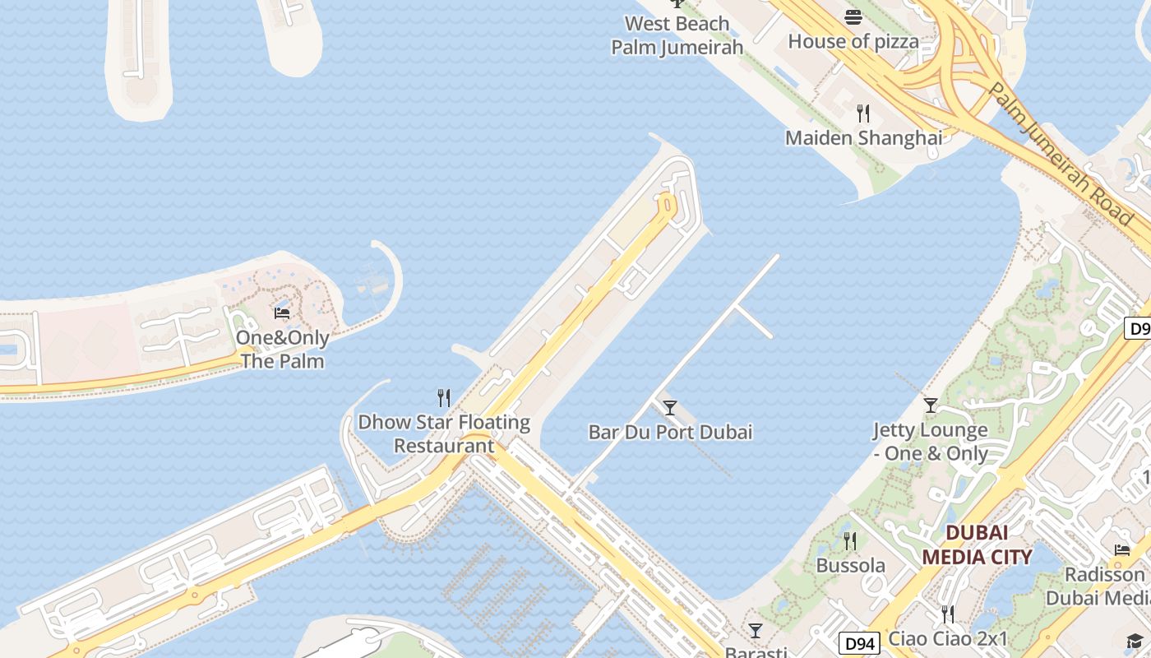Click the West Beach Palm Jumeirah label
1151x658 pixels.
point(677,35)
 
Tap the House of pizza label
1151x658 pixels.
point(853,40)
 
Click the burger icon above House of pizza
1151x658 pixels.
point(853,17)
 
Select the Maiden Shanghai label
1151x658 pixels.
point(863,137)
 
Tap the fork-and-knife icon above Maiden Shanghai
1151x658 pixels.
point(863,114)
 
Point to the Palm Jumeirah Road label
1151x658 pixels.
point(1061,154)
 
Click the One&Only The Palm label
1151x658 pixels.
point(282,350)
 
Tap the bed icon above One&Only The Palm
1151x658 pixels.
point(282,313)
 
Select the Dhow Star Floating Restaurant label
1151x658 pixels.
point(444,434)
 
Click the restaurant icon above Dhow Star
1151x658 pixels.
point(444,398)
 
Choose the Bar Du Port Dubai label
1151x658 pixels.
point(670,432)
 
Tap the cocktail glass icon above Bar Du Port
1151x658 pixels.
point(670,407)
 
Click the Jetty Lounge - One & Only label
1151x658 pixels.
point(930,442)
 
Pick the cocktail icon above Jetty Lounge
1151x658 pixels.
point(930,405)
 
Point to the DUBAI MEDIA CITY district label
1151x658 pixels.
point(976,544)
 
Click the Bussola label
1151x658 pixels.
point(850,565)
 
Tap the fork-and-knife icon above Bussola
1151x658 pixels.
point(850,541)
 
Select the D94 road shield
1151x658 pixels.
point(859,643)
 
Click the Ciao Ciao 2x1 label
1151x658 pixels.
point(948,638)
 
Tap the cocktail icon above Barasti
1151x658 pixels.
point(756,631)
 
